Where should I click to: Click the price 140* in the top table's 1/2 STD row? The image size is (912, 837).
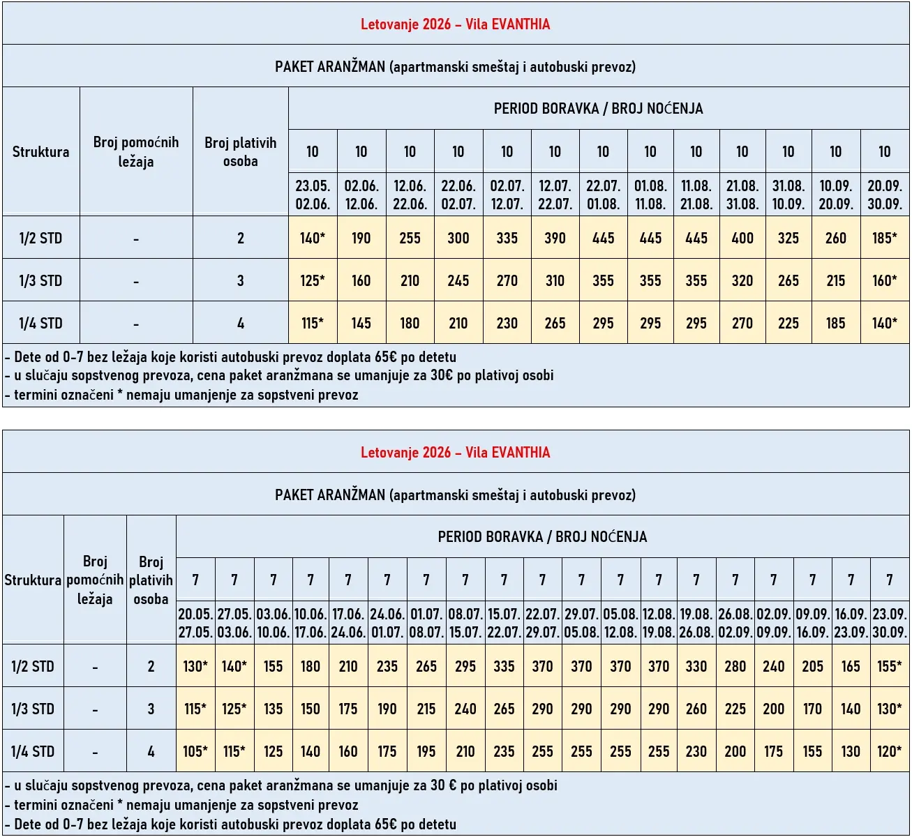coord(313,238)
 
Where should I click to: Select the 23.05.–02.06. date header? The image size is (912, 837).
coord(313,195)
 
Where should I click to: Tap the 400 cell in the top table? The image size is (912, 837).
coord(742,238)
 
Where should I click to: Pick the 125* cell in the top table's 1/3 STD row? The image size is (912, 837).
coord(313,280)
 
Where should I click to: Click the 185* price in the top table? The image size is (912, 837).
coord(884,238)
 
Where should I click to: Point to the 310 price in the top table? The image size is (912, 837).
coord(555,280)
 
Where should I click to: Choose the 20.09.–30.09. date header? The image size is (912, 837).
coord(884,195)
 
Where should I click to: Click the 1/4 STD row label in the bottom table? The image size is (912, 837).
coord(32,751)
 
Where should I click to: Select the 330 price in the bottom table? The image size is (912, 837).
coord(696,666)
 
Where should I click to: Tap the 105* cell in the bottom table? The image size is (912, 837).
coord(195,751)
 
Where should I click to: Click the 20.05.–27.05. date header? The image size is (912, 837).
coord(195,623)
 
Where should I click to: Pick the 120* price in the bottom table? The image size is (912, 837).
coord(889,751)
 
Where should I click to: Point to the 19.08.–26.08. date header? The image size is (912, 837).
coord(696,623)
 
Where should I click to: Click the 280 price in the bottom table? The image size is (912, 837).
coord(735,666)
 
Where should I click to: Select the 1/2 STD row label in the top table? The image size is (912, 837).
coord(40,238)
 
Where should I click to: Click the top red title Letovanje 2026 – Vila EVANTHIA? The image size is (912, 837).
coord(455,24)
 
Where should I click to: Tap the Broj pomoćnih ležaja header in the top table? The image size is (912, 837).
coord(136,151)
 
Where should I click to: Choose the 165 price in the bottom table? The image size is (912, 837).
coord(851,666)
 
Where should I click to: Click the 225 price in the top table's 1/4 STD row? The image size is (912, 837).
coord(788,323)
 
